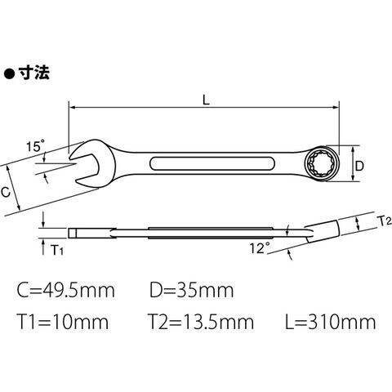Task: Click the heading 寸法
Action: (34, 73)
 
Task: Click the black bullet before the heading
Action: (9, 74)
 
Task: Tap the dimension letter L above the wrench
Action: (207, 100)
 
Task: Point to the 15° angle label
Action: (35, 146)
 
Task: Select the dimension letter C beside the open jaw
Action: (6, 192)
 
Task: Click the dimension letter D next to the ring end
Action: (359, 166)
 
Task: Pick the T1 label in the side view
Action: (57, 250)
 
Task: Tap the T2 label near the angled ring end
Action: (385, 221)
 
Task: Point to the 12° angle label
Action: (260, 248)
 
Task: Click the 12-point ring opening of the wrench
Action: (322, 164)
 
